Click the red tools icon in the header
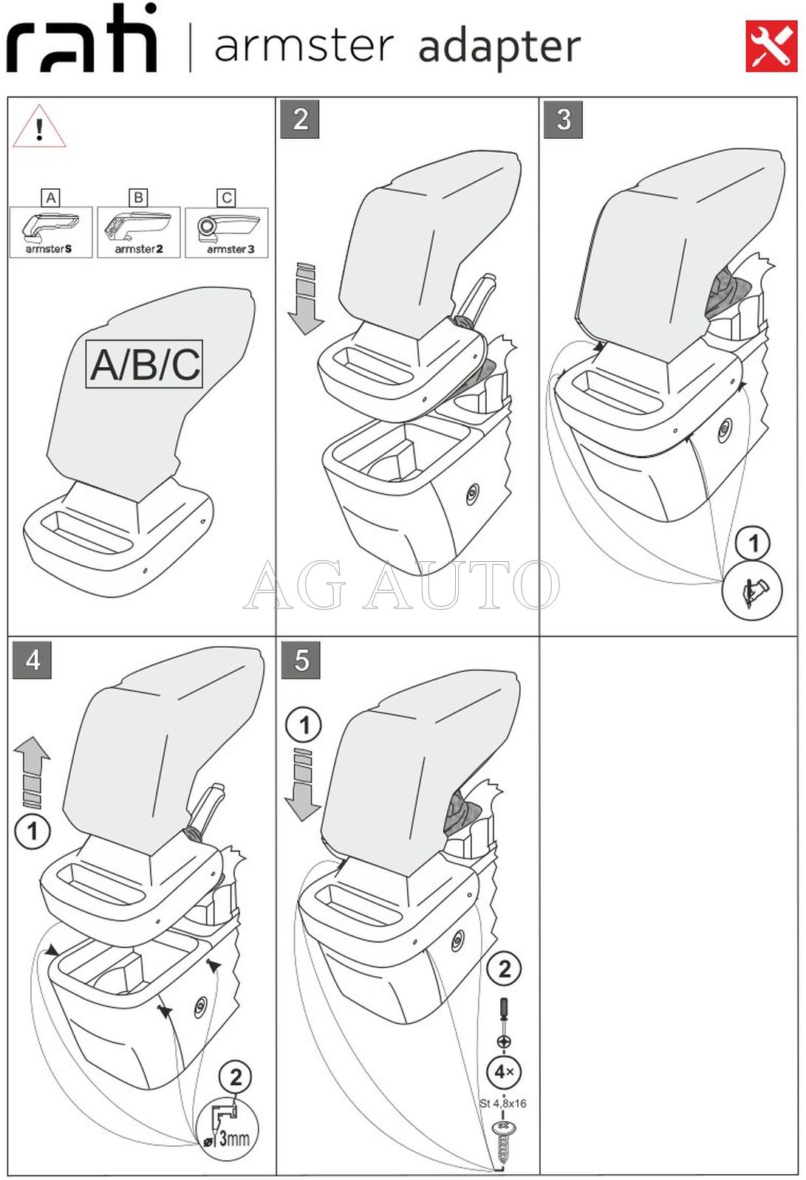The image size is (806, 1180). [x=771, y=46]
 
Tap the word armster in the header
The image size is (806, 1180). [x=304, y=46]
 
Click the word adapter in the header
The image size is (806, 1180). [x=499, y=47]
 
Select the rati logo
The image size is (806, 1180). [x=82, y=40]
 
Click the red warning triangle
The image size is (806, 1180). [x=39, y=128]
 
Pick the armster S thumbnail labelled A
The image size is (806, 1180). [x=50, y=232]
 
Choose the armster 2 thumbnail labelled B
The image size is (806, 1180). [x=138, y=232]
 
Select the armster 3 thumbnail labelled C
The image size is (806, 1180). [x=227, y=232]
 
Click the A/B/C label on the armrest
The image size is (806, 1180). [x=145, y=364]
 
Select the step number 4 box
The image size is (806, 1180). [x=33, y=659]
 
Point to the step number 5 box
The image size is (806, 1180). [x=301, y=659]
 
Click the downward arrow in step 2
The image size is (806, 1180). [x=305, y=298]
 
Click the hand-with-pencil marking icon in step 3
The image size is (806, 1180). [x=751, y=590]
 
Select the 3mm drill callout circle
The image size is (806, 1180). [x=228, y=1129]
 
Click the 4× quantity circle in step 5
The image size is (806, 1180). [x=504, y=1071]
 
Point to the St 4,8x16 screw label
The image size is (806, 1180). [x=503, y=1103]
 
